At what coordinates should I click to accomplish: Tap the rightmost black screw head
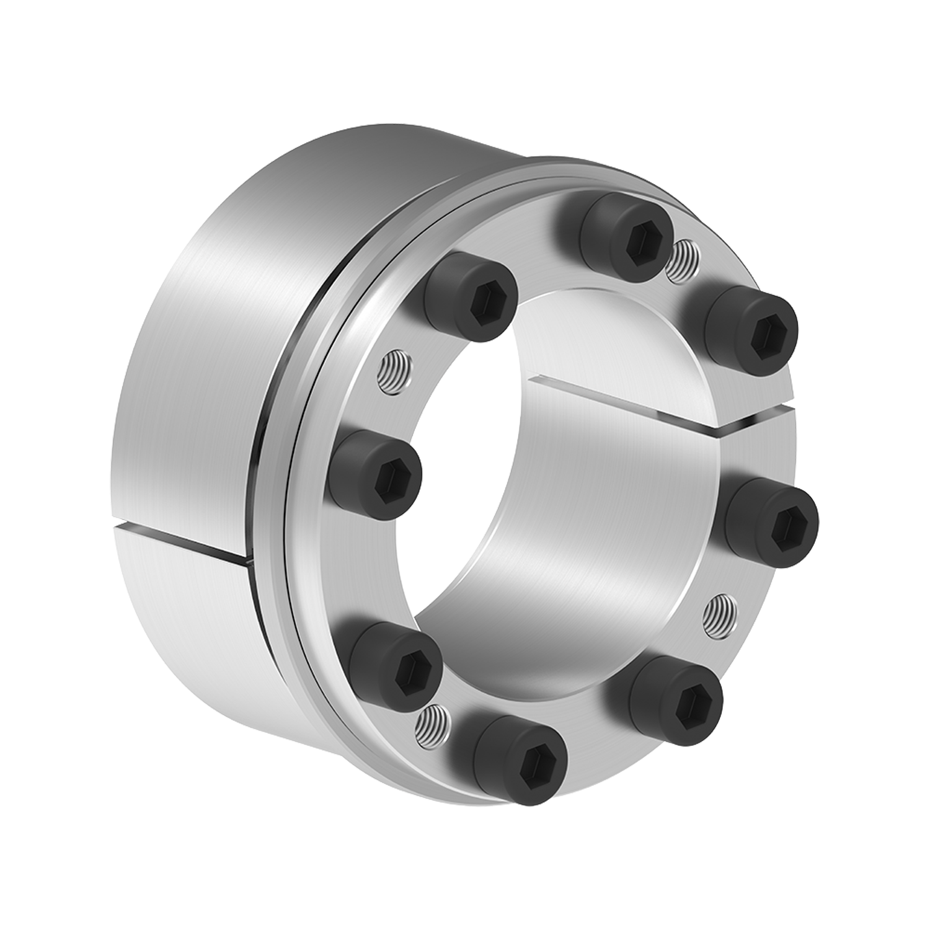(773, 519)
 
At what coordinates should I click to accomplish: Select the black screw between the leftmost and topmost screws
(471, 296)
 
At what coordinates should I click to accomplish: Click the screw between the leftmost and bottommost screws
(396, 660)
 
